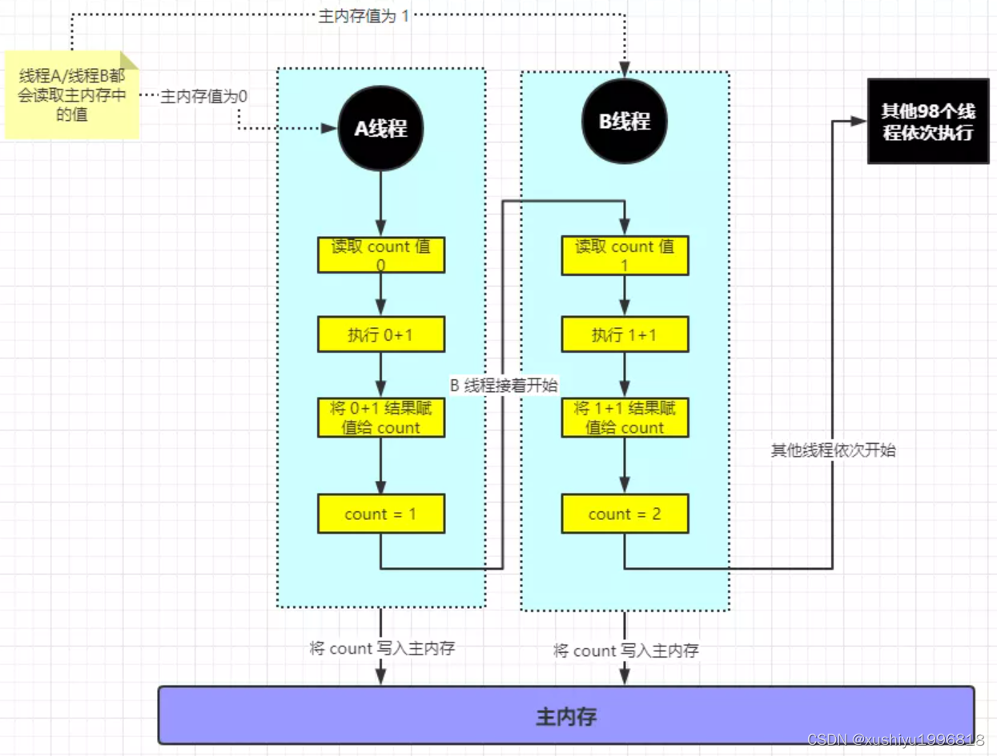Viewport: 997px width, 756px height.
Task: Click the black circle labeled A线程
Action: coord(380,129)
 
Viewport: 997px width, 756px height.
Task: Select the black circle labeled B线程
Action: coord(624,122)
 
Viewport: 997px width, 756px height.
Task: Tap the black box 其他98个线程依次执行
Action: coord(927,122)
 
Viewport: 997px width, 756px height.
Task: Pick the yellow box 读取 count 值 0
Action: coord(380,255)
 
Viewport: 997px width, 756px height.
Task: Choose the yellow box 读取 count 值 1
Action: coord(625,255)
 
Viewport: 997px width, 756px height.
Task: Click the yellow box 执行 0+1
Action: coord(380,335)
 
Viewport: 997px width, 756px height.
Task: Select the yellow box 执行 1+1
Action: coord(625,335)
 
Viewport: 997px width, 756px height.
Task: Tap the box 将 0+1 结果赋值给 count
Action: coord(380,418)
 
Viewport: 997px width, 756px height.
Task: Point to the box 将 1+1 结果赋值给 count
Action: coord(625,418)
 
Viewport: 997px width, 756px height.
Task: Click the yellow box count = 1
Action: coord(380,514)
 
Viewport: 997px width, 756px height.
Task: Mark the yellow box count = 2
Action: coord(625,514)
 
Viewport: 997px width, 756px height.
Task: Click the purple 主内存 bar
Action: coord(566,715)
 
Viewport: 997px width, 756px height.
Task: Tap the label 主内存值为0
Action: coord(203,96)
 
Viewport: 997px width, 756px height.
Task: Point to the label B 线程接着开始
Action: coord(504,385)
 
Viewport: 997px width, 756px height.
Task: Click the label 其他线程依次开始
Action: coord(833,450)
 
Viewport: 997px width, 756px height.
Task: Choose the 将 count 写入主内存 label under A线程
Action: coord(382,649)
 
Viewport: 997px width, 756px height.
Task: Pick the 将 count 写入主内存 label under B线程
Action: coord(626,651)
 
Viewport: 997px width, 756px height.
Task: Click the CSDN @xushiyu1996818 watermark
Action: coord(895,739)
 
